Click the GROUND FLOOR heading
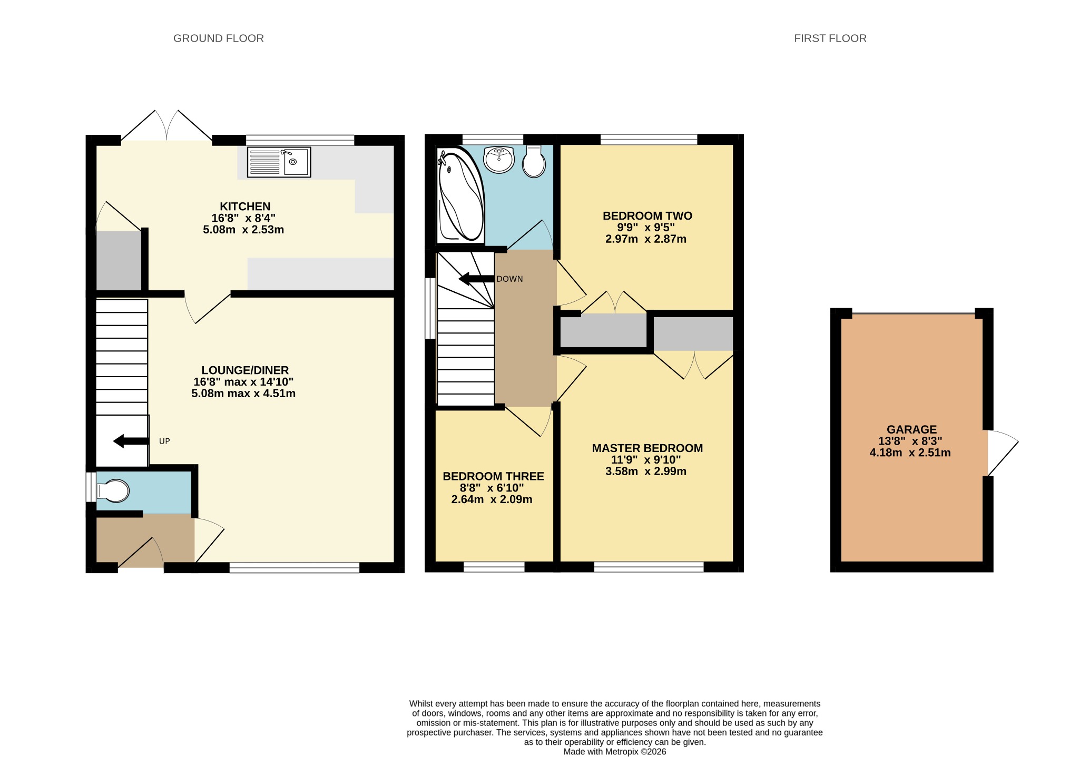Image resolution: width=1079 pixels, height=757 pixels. click(219, 38)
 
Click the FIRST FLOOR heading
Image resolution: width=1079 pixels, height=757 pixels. click(830, 38)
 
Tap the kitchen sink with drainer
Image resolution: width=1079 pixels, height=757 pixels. click(279, 162)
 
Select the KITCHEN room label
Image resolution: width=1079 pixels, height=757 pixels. click(245, 207)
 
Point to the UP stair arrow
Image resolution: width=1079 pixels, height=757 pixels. click(131, 441)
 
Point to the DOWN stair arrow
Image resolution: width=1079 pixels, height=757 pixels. click(477, 279)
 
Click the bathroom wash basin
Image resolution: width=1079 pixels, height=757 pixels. click(499, 160)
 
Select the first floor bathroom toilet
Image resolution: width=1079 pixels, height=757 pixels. click(534, 161)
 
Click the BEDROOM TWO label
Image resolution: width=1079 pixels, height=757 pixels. click(648, 216)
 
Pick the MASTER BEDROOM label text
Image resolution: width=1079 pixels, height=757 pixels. click(648, 448)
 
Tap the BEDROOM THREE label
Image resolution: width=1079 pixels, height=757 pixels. click(493, 476)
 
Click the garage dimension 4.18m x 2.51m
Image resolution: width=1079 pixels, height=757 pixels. click(910, 453)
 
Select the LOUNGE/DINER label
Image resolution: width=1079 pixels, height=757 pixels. click(245, 370)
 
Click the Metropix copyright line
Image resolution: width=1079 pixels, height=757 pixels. click(615, 752)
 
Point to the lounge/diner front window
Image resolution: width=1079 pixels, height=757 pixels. click(295, 568)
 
